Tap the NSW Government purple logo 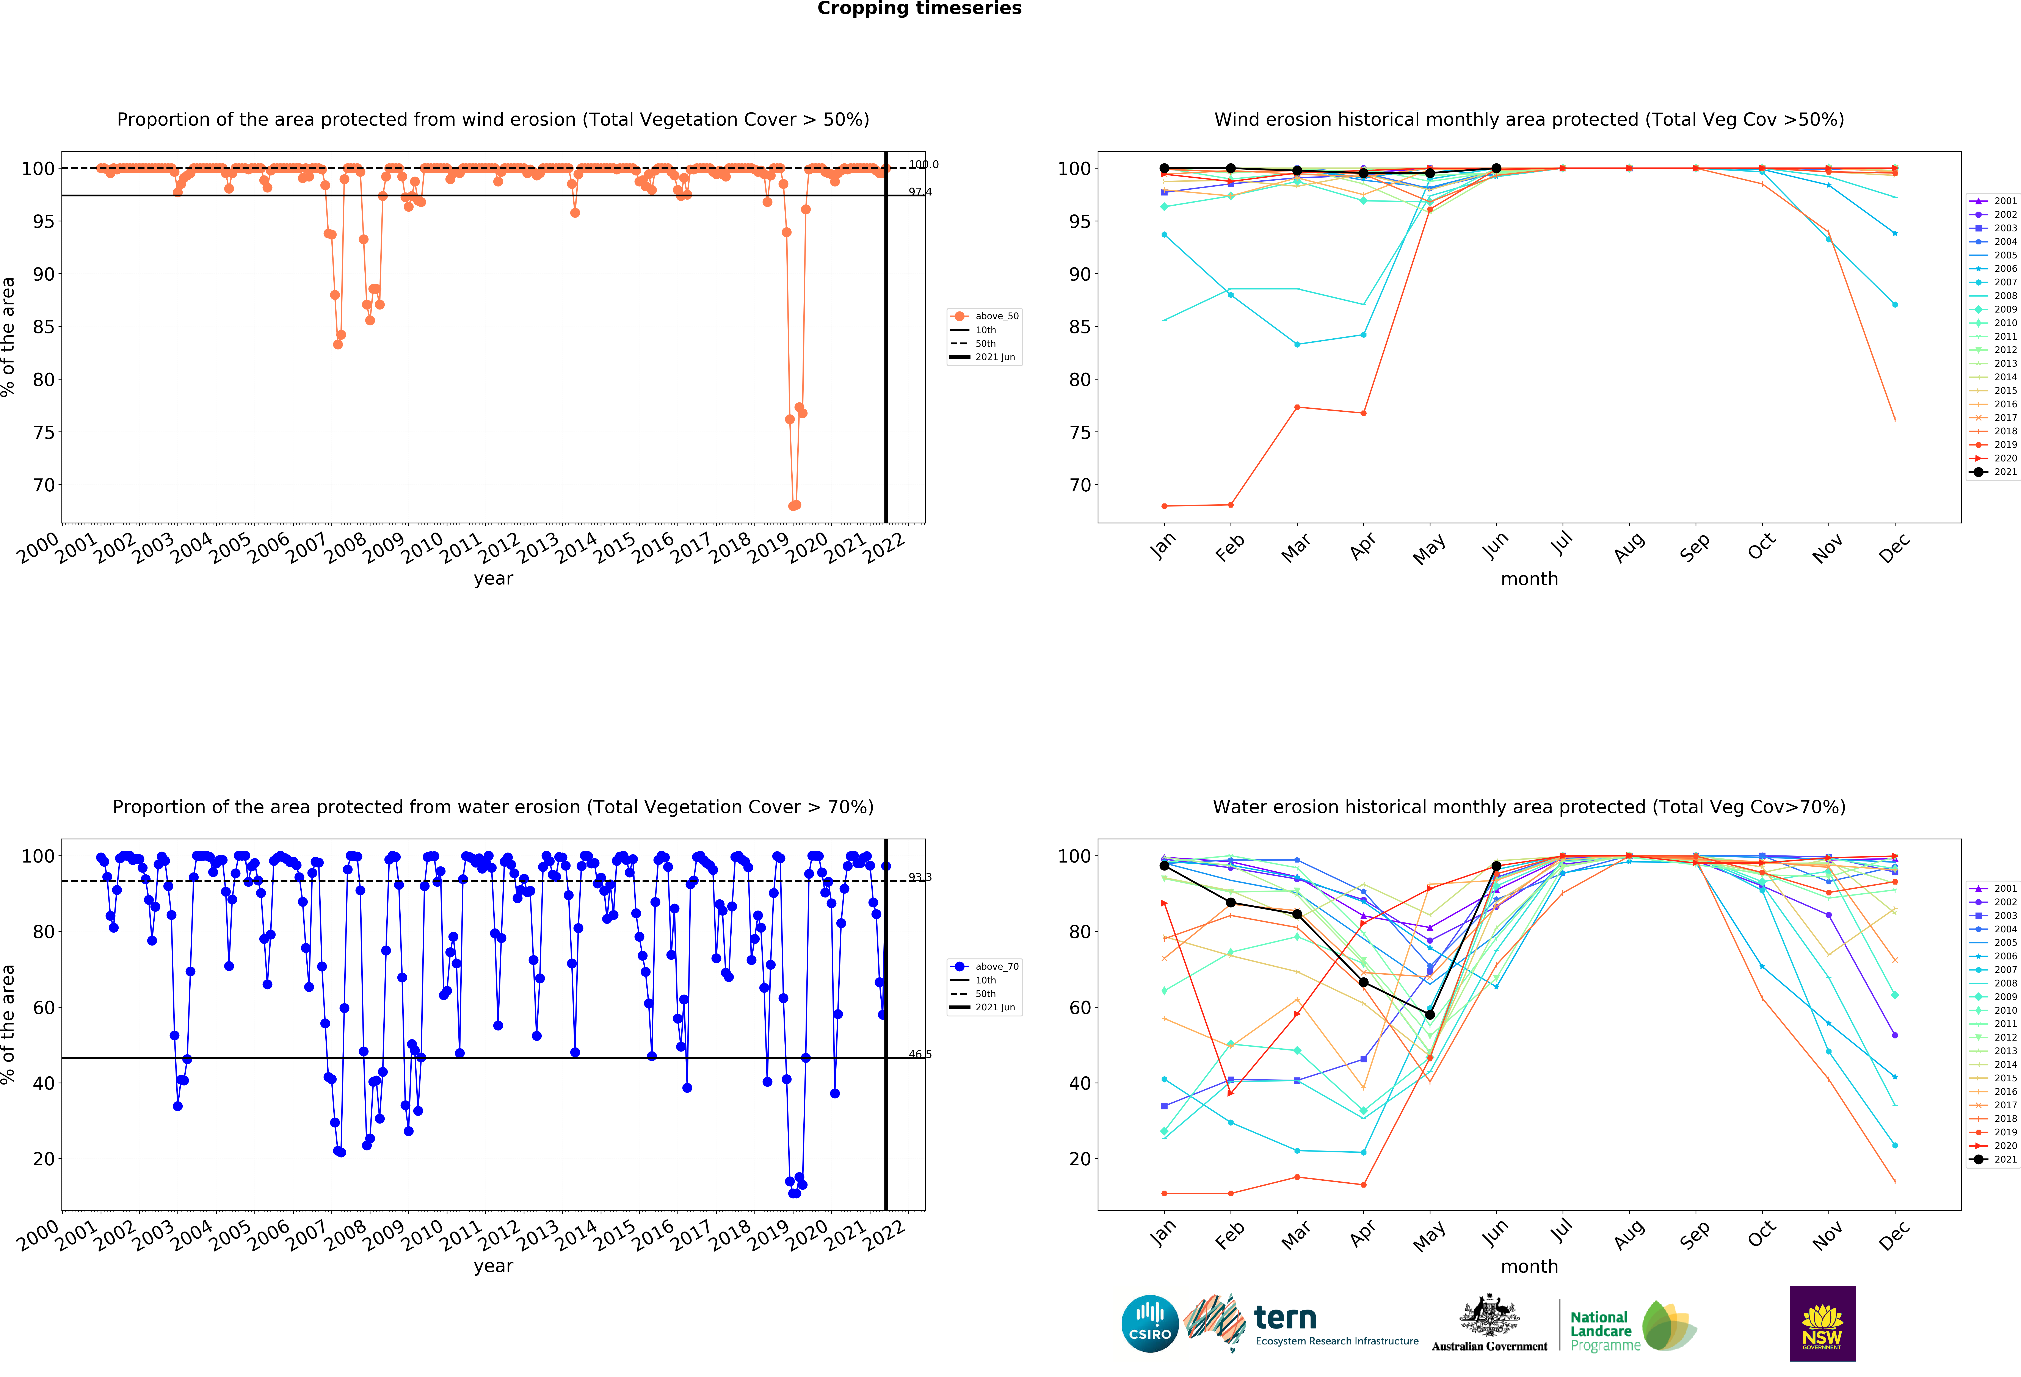click(x=1822, y=1323)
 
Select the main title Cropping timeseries click(x=919, y=9)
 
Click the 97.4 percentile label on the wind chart click(x=919, y=192)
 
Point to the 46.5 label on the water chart click(x=919, y=1055)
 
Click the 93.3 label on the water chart click(x=919, y=877)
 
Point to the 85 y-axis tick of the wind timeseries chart click(x=44, y=327)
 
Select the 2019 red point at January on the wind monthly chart click(x=1164, y=506)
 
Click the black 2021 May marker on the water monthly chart click(x=1430, y=1014)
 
